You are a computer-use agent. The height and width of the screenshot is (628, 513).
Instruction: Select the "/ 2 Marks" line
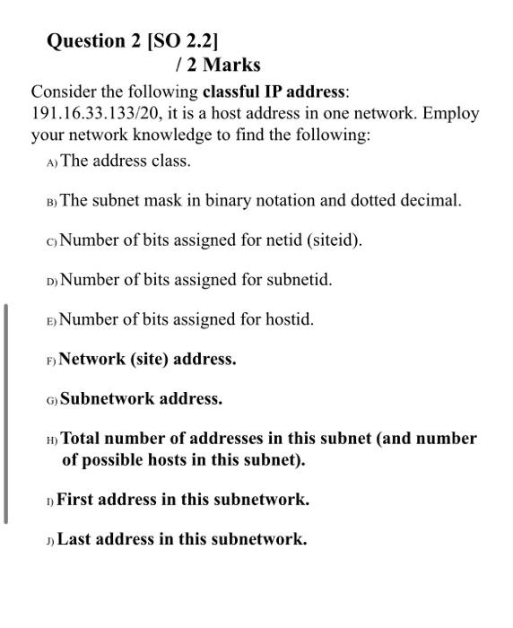218,65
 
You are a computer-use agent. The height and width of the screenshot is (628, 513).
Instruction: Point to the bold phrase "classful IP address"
274,92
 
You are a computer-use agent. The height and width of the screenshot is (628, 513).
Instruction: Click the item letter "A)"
51,162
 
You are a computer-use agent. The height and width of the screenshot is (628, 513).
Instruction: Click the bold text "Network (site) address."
148,359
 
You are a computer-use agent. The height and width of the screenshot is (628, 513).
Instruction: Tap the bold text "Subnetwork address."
141,398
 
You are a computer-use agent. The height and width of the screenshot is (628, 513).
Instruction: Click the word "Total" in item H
81,439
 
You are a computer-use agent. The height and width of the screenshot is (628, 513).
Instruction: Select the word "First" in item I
74,500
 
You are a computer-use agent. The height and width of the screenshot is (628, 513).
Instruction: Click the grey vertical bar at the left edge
5,413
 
